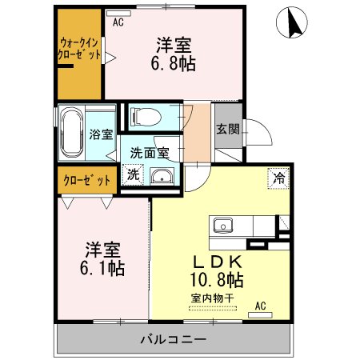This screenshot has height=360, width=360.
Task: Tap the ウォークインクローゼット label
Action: point(79,50)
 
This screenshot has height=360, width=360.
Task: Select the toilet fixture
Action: point(145,117)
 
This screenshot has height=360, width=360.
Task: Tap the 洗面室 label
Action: point(149,153)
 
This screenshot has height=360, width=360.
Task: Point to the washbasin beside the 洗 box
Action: point(162,177)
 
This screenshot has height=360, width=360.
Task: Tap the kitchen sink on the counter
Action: point(221,224)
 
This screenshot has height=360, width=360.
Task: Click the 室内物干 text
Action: point(212,298)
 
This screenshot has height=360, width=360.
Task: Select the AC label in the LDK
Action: point(260,306)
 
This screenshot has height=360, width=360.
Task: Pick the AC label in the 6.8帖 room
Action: point(118,22)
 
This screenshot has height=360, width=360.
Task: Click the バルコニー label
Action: point(174,338)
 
